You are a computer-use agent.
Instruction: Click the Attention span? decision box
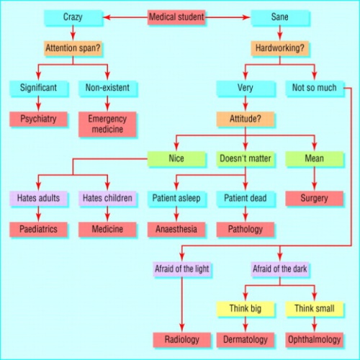pyautogui.click(x=72, y=50)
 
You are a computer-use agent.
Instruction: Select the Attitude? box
pyautogui.click(x=246, y=119)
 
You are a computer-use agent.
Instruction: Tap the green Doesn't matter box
pyautogui.click(x=246, y=158)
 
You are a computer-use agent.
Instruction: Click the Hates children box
pyautogui.click(x=107, y=197)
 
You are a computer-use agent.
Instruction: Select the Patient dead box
pyautogui.click(x=246, y=197)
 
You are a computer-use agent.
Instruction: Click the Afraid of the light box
pyautogui.click(x=182, y=270)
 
